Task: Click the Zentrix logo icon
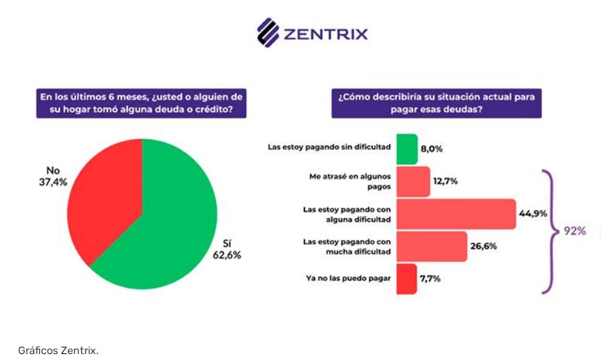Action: [267, 32]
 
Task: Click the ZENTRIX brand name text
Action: [325, 33]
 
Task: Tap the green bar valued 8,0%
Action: [407, 149]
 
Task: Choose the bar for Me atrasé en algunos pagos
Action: [413, 182]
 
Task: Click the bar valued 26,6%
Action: [431, 247]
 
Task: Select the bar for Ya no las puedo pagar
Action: [406, 279]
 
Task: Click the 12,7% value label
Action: [448, 182]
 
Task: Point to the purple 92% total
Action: [575, 231]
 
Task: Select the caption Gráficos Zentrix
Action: [58, 349]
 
